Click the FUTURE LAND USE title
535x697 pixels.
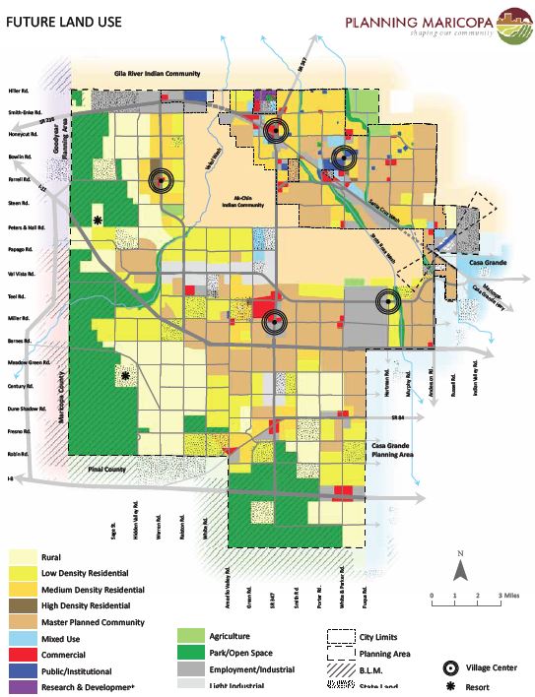tap(58, 19)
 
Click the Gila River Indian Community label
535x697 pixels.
tap(158, 74)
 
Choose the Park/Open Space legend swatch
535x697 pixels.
tap(192, 654)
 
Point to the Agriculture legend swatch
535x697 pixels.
tap(192, 637)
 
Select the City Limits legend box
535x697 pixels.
tap(341, 637)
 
